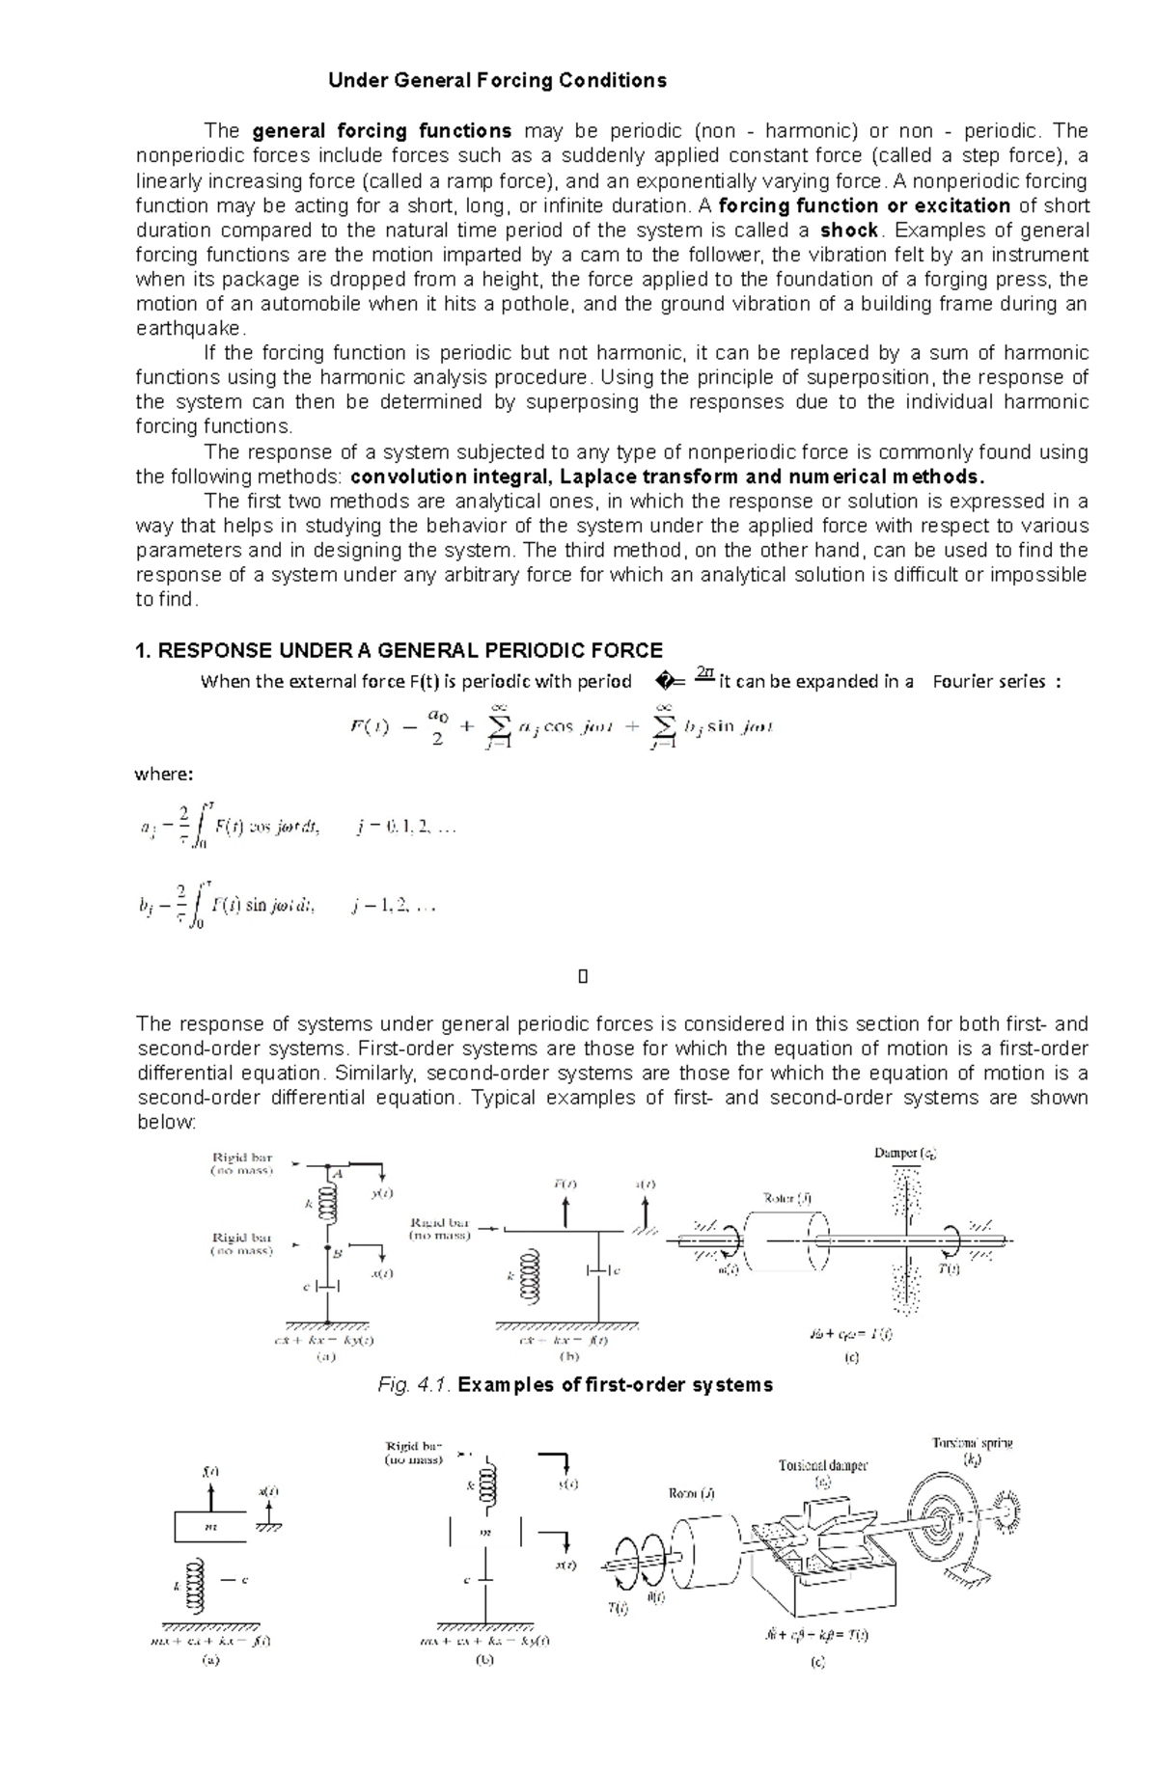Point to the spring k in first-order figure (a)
328,1204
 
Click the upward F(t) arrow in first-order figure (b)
565,1211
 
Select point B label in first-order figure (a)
337,1255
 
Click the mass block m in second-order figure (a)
211,1528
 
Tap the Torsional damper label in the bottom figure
823,1465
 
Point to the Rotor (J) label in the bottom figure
692,1494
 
